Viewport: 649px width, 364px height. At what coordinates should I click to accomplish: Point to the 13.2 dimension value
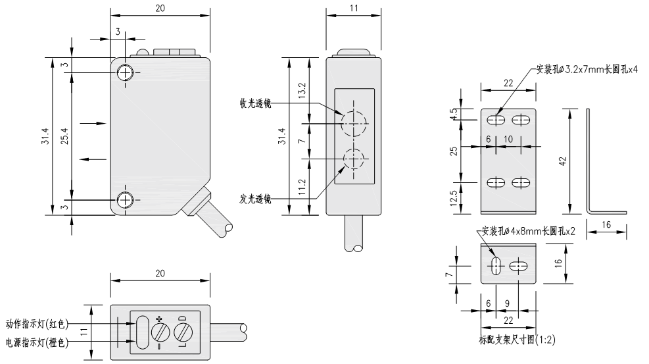click(x=301, y=90)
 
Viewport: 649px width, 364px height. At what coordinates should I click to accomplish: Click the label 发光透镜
click(x=256, y=197)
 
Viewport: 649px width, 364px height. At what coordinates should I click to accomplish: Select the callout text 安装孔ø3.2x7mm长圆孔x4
click(x=587, y=68)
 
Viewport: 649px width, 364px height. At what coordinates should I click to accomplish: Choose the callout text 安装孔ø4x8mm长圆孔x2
click(x=529, y=231)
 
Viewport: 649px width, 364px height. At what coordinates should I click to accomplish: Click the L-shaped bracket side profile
click(x=590, y=165)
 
